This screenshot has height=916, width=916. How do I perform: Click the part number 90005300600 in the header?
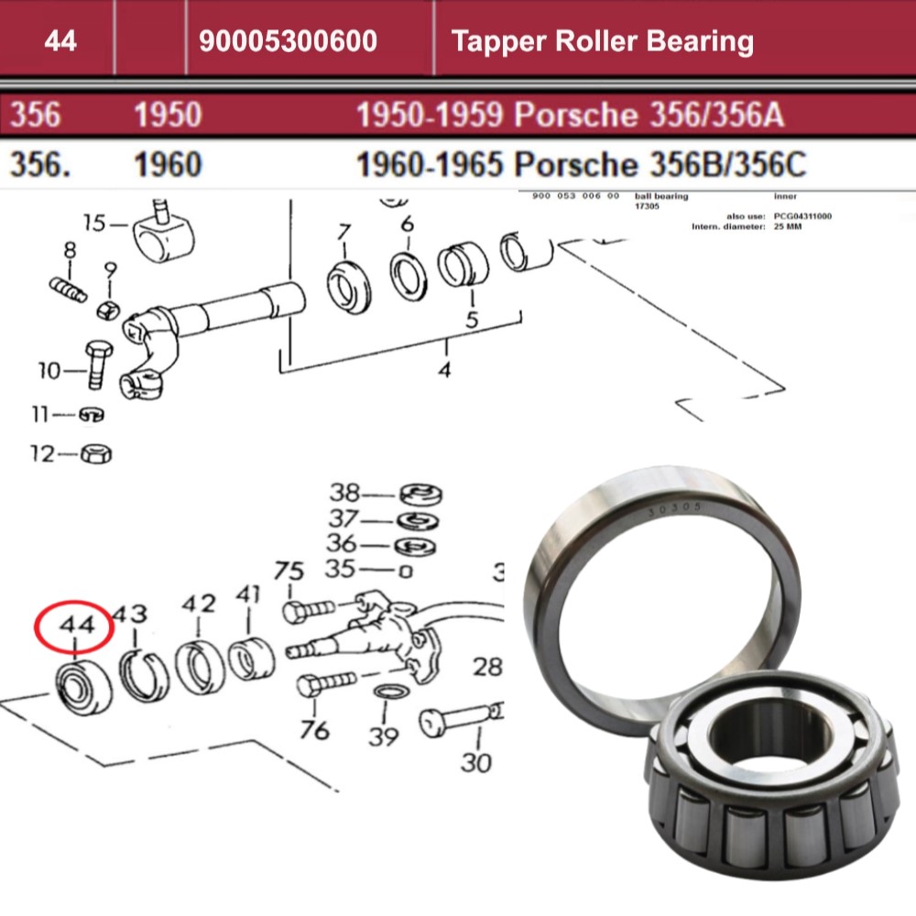(288, 41)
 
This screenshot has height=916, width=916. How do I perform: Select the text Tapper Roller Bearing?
(602, 41)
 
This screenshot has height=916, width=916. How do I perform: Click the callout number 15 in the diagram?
(95, 223)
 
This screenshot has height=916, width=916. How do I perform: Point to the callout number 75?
(289, 572)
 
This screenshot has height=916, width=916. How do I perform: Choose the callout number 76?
(314, 730)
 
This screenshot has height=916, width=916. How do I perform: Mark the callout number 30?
(476, 761)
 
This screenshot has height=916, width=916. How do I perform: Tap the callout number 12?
(42, 453)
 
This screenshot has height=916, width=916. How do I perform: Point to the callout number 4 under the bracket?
(445, 370)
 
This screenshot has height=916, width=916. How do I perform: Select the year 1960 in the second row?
(168, 165)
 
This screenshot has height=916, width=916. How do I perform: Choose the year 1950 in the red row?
(168, 115)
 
